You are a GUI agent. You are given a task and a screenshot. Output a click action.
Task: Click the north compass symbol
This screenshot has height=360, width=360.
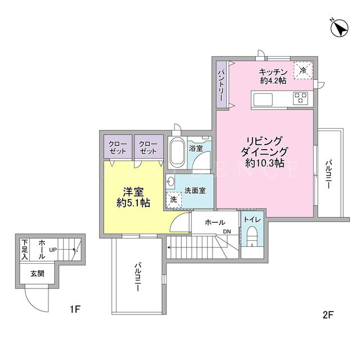coord(339,28)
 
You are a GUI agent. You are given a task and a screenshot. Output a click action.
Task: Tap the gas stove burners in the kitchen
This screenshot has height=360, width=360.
coord(300,98)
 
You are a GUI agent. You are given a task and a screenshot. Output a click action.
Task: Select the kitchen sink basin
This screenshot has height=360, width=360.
coord(263,99)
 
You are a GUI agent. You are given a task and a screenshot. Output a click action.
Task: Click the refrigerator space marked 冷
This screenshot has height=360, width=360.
coord(303,70)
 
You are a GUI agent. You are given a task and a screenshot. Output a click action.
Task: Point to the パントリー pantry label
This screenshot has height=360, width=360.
coord(222,85)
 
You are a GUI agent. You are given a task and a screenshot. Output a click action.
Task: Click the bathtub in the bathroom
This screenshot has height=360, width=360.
coord(177,152)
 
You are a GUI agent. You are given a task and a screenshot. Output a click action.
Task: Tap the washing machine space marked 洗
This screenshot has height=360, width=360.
coord(174,200)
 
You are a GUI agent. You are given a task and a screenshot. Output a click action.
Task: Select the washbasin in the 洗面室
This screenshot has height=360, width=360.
coord(170,181)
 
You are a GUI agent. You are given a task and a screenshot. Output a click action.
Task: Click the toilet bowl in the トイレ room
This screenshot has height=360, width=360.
coord(253,235)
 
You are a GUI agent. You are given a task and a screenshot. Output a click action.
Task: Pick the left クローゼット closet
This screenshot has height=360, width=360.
coord(118,147)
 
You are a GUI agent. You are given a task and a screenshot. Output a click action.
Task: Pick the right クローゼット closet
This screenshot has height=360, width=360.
coord(148,147)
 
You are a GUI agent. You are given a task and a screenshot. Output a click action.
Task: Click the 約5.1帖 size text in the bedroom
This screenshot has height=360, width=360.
coord(133,202)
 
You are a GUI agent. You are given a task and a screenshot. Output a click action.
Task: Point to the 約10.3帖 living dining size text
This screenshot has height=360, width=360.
coord(265,163)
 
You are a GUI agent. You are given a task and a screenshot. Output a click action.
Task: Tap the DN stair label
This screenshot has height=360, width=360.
coord(227,232)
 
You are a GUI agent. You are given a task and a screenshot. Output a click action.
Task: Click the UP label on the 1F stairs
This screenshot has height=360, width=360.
coord(53,250)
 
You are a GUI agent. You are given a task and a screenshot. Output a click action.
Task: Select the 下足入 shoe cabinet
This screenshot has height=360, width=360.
coord(25,250)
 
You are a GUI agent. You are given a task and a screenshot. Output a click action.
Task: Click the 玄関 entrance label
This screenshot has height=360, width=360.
coord(37,274)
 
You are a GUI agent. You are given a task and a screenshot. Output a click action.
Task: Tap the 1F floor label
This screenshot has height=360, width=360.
coord(75,309)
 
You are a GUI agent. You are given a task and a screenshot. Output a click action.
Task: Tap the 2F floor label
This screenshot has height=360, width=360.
coord(328,315)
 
